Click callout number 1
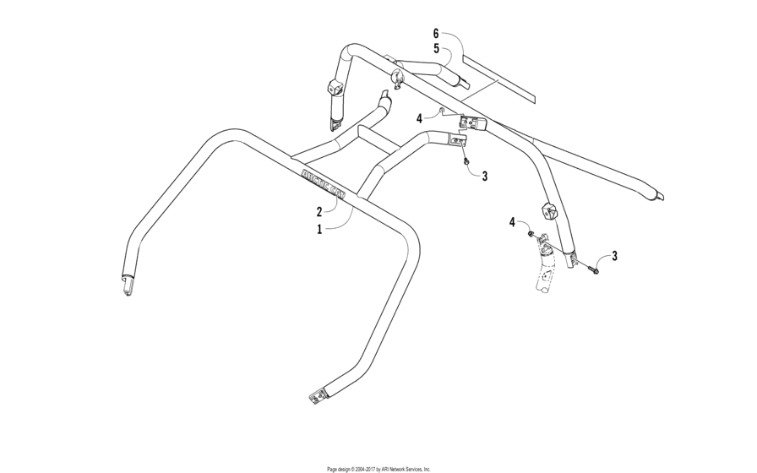click(319, 229)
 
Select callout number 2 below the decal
click(319, 211)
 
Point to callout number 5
click(436, 48)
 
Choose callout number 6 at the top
click(436, 33)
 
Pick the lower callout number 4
click(512, 221)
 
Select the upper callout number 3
click(484, 177)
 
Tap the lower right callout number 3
click(614, 255)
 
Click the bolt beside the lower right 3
click(591, 269)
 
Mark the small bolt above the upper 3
click(466, 159)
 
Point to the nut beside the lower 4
click(529, 231)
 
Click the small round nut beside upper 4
click(440, 111)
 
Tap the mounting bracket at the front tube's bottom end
click(319, 394)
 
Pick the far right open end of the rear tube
click(657, 195)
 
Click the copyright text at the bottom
click(378, 468)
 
